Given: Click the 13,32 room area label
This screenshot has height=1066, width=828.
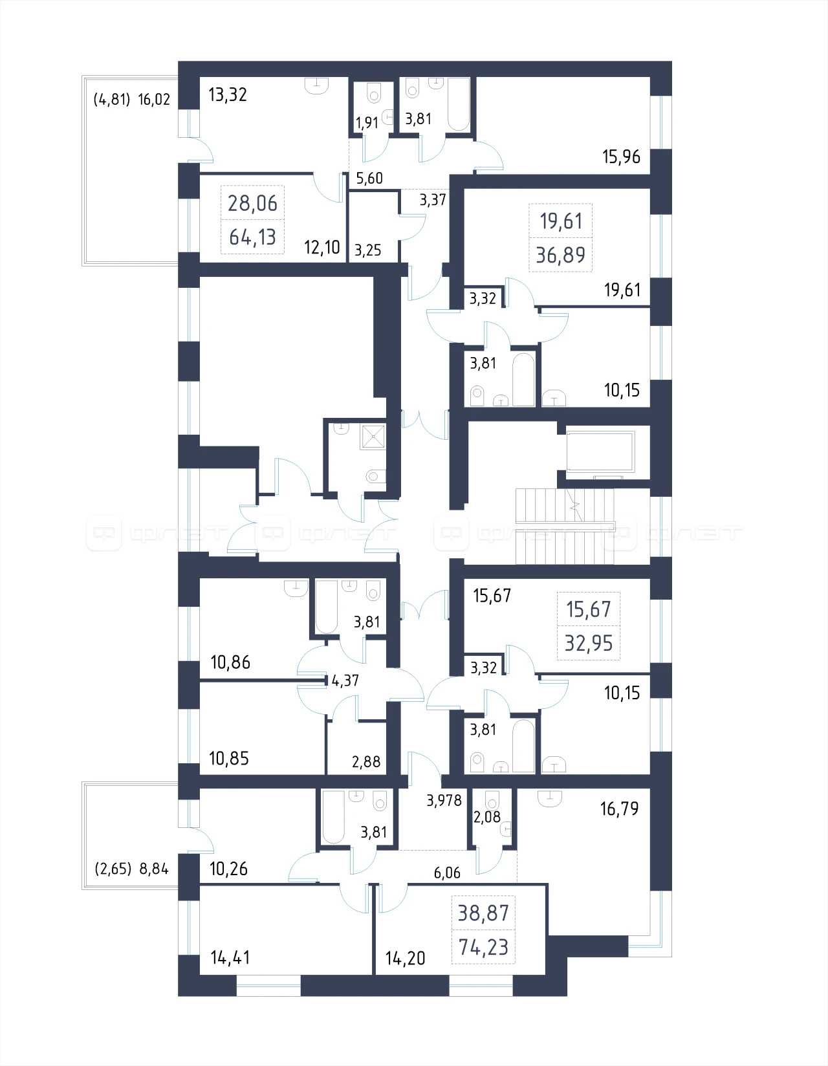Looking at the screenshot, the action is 228,94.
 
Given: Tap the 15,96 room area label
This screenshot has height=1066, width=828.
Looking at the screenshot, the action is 621,157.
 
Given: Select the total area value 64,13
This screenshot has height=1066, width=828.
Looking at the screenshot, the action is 253,237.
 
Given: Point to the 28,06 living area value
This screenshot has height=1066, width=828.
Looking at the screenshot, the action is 253,203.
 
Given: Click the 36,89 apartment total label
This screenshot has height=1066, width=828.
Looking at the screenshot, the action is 560,255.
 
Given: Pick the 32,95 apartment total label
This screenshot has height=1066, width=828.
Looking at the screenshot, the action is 589,643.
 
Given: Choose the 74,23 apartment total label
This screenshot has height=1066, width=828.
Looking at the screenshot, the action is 483,947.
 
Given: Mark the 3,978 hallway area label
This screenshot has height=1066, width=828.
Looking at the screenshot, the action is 444,801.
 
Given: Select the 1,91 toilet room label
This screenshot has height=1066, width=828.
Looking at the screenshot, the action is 367,123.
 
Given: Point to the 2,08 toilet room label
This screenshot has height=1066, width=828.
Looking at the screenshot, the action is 486,817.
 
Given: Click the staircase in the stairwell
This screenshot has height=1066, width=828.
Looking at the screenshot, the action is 565,527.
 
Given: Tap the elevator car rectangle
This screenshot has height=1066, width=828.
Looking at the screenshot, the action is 600,451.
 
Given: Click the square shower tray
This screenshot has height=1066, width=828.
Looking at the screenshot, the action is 373,437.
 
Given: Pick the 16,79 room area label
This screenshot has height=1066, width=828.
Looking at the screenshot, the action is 620,809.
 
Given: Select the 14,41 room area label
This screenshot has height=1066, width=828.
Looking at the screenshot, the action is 230,957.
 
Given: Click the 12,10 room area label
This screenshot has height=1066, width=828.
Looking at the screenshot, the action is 321,248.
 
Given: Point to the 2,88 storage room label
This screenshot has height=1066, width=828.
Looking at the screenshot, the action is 366,762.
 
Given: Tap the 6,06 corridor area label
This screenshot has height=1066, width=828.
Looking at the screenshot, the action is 447,873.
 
